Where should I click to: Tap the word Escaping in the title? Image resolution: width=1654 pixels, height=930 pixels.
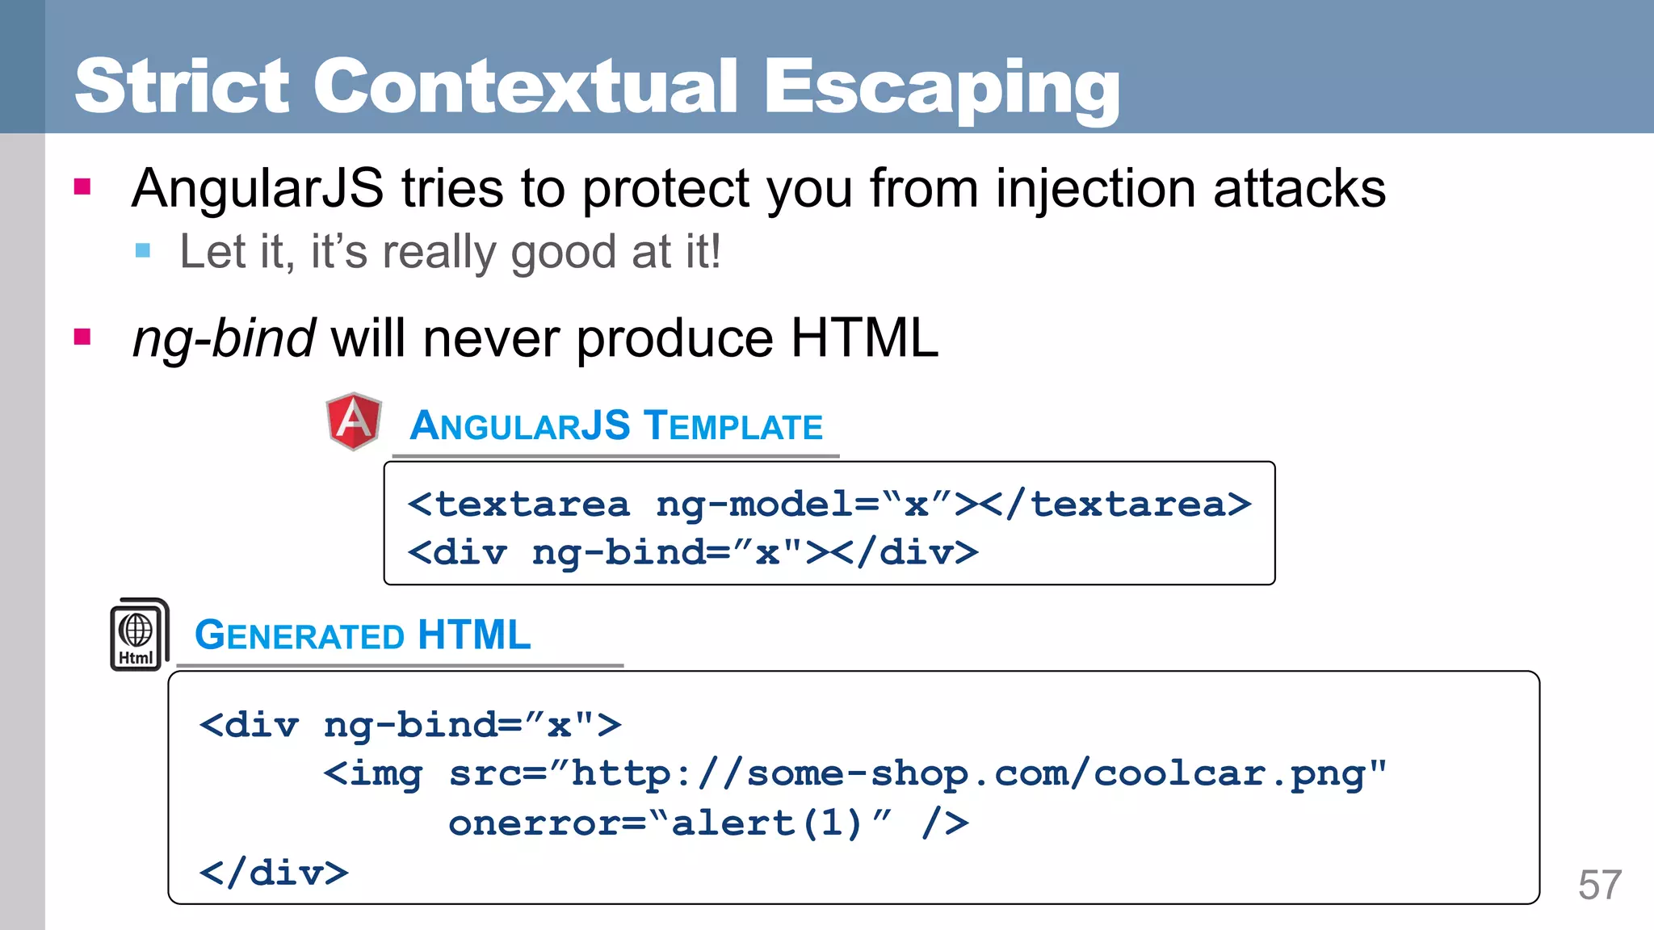[941, 87]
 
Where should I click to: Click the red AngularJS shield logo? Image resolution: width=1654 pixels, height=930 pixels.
[354, 421]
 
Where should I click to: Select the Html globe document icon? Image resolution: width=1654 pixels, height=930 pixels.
[138, 635]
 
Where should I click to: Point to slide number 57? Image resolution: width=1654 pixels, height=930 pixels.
[1599, 885]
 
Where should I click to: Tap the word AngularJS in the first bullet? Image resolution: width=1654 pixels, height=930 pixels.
[258, 189]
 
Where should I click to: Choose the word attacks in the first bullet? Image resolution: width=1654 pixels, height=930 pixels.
[1299, 189]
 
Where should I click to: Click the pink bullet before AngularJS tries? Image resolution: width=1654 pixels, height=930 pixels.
[82, 187]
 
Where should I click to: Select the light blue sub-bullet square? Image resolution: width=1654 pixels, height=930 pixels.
[143, 250]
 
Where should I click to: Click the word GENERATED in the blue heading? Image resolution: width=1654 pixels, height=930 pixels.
[300, 635]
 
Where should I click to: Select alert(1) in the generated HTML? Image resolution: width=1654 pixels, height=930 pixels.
[768, 823]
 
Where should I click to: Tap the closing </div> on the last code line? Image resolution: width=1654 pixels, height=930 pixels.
[274, 873]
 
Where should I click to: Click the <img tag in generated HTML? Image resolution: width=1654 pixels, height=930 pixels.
[373, 773]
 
